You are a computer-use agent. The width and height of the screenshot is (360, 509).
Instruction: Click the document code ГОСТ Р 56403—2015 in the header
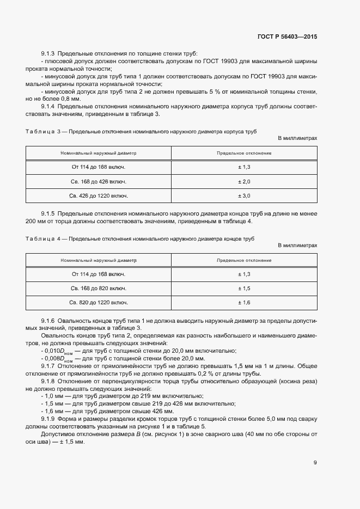[287, 37]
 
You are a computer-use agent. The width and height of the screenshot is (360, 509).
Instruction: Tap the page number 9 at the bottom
[315, 463]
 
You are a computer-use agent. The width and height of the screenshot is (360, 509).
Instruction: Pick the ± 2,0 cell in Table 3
[244, 181]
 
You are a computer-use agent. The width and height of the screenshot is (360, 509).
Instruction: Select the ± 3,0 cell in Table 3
[244, 195]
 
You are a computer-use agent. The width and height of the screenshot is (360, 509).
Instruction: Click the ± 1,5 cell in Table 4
[244, 287]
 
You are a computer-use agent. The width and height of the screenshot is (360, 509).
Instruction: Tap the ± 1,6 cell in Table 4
[244, 302]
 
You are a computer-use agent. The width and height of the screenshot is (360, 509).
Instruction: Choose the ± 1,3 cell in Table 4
[244, 274]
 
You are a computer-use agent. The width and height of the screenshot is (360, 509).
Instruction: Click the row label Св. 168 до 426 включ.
[99, 181]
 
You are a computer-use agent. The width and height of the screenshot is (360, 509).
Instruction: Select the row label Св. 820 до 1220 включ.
[99, 302]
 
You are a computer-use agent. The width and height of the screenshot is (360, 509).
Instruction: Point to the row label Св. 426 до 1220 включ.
[99, 195]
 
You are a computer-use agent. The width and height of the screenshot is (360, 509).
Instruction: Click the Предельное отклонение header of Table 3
[244, 154]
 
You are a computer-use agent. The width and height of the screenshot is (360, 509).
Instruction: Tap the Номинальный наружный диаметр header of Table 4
[99, 260]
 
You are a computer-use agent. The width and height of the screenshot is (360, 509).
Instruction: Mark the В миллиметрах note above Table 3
[297, 139]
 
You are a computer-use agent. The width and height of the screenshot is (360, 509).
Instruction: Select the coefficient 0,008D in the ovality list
[55, 359]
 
